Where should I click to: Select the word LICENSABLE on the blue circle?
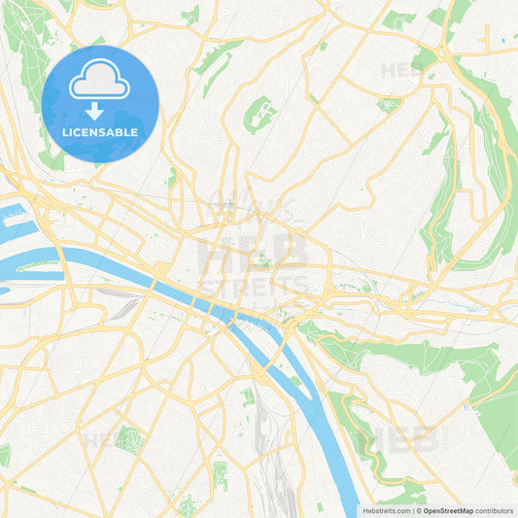coord(100,132)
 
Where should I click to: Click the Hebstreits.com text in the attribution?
coord(386,509)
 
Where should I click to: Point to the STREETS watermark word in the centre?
coord(254,286)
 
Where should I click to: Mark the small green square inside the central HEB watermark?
coord(261,259)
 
